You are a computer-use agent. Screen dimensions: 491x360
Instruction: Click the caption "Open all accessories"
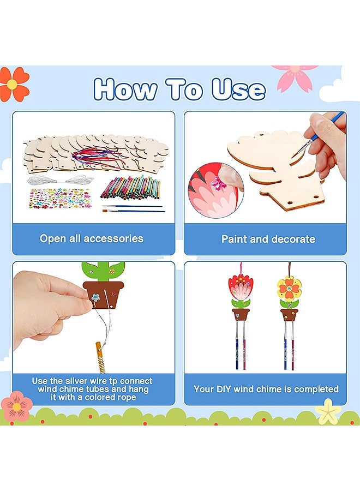92,238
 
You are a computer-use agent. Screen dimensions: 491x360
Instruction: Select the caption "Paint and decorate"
268,239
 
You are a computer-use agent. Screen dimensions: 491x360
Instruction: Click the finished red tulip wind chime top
240,288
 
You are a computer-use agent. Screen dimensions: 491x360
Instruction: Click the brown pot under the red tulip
240,315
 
